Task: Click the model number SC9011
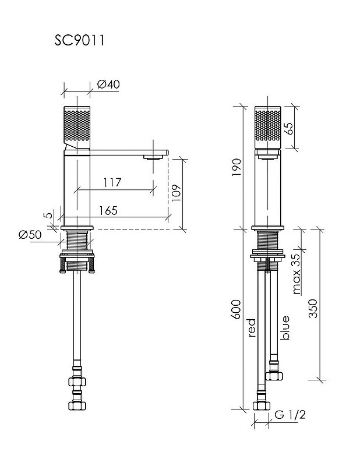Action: pyautogui.click(x=79, y=40)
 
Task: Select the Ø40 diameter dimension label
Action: pyautogui.click(x=108, y=84)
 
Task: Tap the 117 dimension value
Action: pyautogui.click(x=112, y=182)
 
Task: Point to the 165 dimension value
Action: pyautogui.click(x=108, y=210)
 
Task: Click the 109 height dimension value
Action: pyautogui.click(x=176, y=193)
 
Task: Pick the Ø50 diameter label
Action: pyautogui.click(x=30, y=235)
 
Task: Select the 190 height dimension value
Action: pyautogui.click(x=237, y=167)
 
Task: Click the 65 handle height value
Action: pyautogui.click(x=288, y=128)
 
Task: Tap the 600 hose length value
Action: pyautogui.click(x=237, y=309)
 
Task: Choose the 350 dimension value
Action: pyautogui.click(x=313, y=309)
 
